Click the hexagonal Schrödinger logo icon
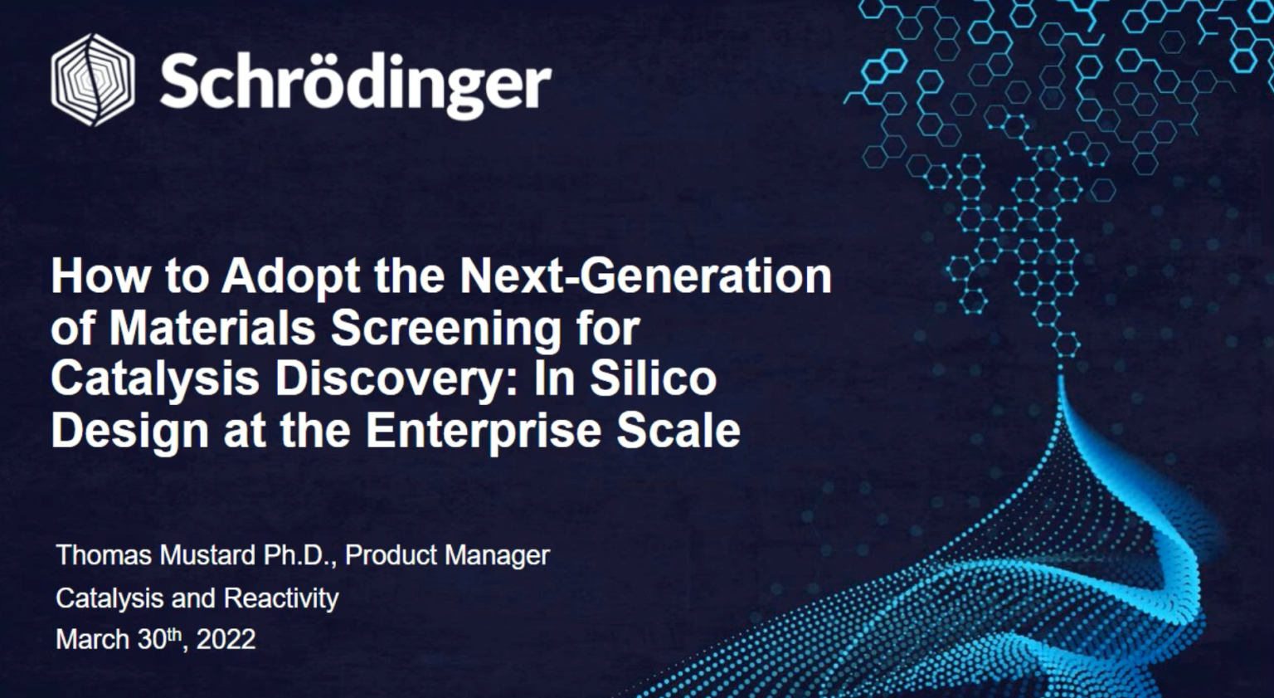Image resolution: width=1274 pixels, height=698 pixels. pyautogui.click(x=93, y=80)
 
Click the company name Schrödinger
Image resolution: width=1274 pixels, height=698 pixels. pyautogui.click(x=356, y=85)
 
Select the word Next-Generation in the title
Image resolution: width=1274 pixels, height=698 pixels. pyautogui.click(x=645, y=276)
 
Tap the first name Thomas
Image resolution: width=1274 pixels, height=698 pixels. pyautogui.click(x=105, y=554)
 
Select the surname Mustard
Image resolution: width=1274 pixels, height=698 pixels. pyautogui.click(x=207, y=554)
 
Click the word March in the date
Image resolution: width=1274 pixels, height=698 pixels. pyautogui.click(x=93, y=639)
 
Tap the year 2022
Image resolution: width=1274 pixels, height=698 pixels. pyautogui.click(x=226, y=639)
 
